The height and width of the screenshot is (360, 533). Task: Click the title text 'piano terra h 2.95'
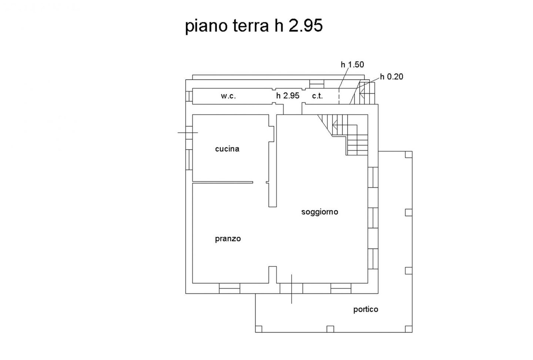254,26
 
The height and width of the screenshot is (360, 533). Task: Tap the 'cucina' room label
227,149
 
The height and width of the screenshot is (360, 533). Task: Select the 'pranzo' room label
228,239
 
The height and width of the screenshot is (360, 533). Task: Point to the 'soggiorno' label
319,212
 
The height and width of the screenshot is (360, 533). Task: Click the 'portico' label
365,309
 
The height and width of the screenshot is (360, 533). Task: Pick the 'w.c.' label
228,96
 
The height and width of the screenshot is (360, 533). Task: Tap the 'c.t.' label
317,96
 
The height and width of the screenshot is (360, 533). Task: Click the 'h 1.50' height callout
352,64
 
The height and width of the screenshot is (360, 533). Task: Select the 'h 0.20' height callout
392,77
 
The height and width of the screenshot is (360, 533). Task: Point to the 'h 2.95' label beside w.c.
288,96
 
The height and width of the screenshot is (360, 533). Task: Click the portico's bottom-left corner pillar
259,329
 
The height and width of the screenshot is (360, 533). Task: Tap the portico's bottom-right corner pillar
409,329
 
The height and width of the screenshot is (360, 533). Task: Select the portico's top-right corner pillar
409,154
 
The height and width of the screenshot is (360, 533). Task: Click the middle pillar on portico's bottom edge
330,329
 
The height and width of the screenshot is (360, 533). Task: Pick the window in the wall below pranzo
229,288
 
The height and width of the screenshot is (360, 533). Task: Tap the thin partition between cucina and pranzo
222,182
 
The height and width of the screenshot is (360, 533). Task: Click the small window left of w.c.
189,96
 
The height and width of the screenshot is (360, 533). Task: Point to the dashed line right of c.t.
339,96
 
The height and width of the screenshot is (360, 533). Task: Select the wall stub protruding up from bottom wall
273,275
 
